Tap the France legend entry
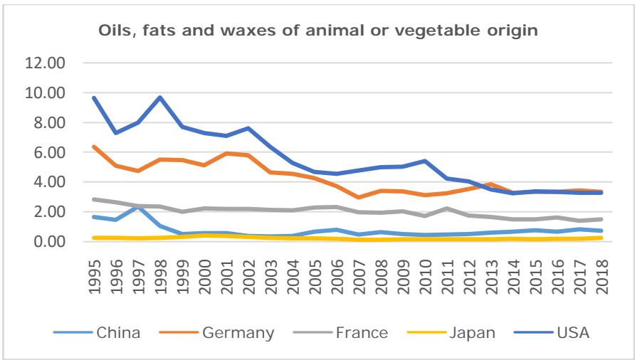(x=360, y=332)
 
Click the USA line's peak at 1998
(x=161, y=97)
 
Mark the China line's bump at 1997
(x=139, y=207)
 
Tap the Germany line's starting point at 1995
(x=95, y=147)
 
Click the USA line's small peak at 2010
(x=426, y=161)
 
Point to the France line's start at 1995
(x=95, y=199)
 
